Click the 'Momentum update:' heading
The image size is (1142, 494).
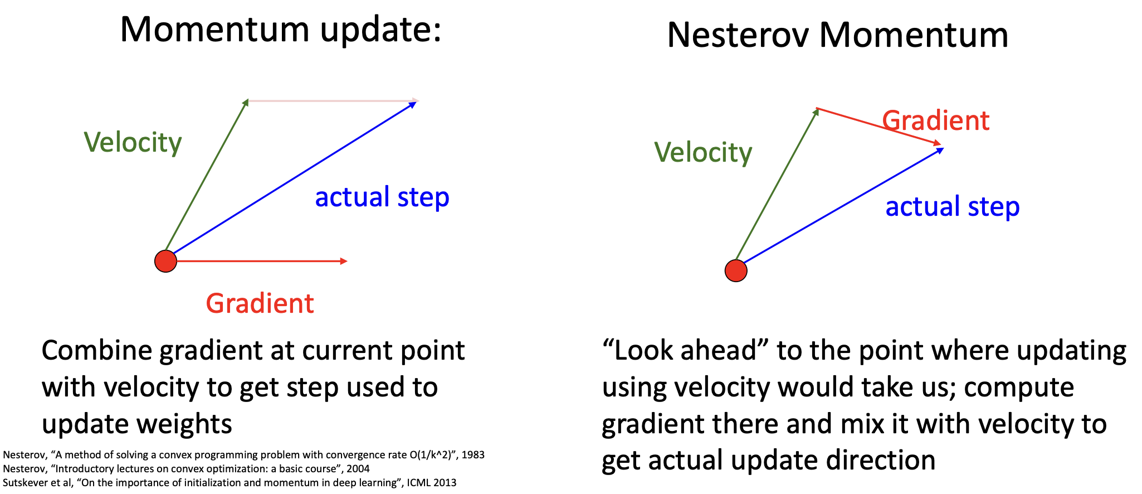coord(281,30)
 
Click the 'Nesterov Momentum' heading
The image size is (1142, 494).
coord(837,35)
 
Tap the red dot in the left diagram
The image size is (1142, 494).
coord(165,261)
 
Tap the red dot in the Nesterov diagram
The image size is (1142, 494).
coord(736,270)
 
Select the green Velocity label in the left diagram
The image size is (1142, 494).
coord(133,143)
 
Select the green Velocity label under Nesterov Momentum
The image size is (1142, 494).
coord(703,152)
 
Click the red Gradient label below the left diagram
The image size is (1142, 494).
coord(260,303)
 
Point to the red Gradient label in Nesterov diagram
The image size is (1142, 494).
coord(936,120)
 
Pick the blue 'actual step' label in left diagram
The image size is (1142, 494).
coord(382,197)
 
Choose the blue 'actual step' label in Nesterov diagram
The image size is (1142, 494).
coord(953,207)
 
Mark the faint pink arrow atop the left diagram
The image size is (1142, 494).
coord(333,101)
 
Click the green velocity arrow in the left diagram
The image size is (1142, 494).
coord(207,177)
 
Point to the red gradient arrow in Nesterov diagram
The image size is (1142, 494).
coord(879,127)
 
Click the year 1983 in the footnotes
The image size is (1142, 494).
coord(473,455)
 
